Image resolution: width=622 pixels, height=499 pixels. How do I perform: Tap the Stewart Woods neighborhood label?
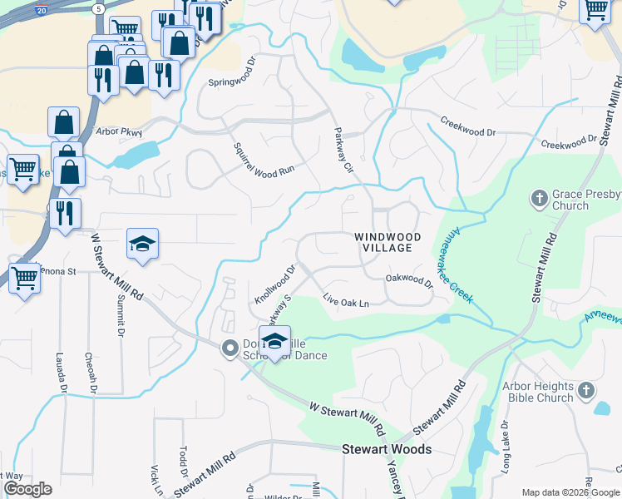point(388,449)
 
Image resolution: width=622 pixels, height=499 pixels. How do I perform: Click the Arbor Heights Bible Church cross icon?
point(586,390)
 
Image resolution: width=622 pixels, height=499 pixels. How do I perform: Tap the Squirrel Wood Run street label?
point(264,157)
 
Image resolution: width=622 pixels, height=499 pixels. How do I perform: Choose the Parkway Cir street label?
point(344,150)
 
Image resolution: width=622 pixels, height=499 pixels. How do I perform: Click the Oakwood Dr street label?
point(409,283)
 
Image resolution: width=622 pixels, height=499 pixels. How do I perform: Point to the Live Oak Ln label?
point(345,302)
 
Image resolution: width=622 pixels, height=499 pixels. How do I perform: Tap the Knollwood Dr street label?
point(275,284)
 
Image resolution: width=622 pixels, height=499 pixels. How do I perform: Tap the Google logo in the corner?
point(27,489)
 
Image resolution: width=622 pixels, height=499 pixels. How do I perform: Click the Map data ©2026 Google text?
point(570,492)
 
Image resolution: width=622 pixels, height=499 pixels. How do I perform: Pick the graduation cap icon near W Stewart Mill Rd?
point(142,244)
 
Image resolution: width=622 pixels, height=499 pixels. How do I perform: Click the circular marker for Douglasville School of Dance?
point(229,348)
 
